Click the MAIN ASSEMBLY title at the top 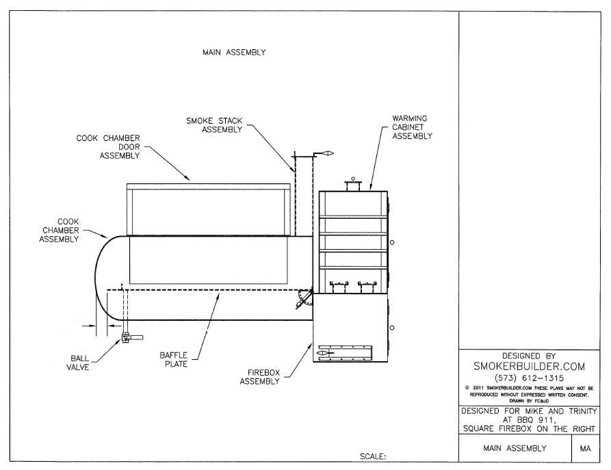tap(234, 53)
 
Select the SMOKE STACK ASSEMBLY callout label tap(213, 125)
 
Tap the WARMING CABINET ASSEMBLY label tap(412, 127)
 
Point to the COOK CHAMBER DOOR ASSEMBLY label tap(109, 146)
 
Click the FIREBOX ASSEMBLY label tap(259, 377)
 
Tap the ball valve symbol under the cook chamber tap(129, 337)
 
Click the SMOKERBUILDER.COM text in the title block tap(529, 367)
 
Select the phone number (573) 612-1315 tap(529, 378)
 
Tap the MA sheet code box tap(585, 449)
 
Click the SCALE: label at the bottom tap(373, 456)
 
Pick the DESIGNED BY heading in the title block tap(529, 356)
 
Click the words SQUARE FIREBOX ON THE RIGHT tap(529, 429)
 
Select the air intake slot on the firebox tap(344, 352)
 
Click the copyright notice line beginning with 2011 tap(529, 388)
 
